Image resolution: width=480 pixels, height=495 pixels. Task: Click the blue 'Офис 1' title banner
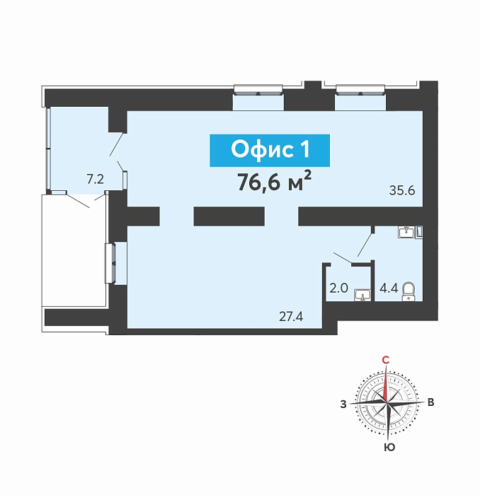[270, 150]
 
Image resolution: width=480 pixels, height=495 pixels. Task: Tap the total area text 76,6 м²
[275, 182]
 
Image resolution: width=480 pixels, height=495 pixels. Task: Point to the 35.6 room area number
[402, 191]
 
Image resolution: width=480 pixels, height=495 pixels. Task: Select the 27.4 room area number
[291, 316]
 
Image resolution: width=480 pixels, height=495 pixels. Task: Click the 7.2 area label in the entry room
[95, 180]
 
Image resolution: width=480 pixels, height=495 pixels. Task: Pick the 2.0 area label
[338, 289]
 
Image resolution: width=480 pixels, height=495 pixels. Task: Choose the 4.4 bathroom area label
[389, 289]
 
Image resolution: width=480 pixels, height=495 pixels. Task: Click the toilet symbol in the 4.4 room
[408, 291]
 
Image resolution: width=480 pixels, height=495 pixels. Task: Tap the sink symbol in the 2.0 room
[362, 295]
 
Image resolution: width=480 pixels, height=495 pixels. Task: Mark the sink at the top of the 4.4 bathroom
[406, 232]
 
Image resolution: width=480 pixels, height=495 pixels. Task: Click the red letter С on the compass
[386, 360]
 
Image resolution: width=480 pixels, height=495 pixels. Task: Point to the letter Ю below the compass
[389, 447]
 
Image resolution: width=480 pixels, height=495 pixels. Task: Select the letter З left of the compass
[343, 404]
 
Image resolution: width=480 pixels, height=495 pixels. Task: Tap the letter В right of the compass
[430, 402]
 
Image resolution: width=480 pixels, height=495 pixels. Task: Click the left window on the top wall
[258, 90]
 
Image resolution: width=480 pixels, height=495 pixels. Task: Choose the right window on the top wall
[360, 90]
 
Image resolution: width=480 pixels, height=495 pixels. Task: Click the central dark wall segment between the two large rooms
[229, 216]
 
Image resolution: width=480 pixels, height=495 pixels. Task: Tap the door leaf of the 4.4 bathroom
[365, 245]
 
